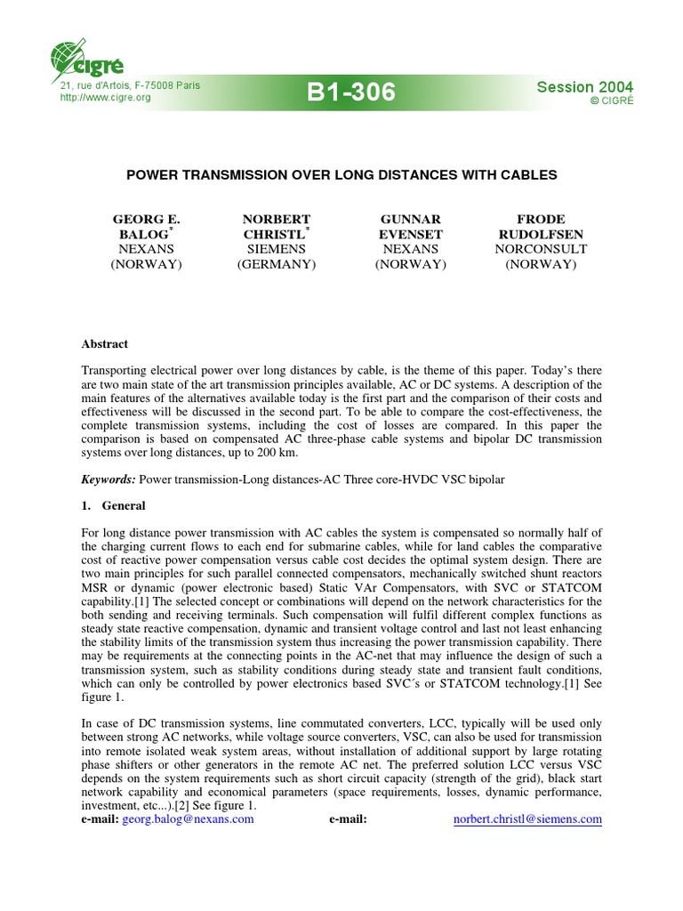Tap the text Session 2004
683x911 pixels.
[x=585, y=86]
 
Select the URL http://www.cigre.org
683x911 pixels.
[x=104, y=97]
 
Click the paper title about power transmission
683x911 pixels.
[x=341, y=175]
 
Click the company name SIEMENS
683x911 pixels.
[x=276, y=250]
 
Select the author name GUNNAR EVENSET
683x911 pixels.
[x=410, y=227]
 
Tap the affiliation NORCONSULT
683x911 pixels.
[x=540, y=250]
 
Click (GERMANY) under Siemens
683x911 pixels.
[x=276, y=265]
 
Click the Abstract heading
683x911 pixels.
[x=105, y=343]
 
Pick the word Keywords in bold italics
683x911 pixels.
[x=108, y=480]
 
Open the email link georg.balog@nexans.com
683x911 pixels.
[x=188, y=819]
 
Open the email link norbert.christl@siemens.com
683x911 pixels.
[x=526, y=819]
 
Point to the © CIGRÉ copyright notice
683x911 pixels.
[x=612, y=101]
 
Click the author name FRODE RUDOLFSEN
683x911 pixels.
[x=540, y=227]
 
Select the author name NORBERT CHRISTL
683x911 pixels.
[x=276, y=227]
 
